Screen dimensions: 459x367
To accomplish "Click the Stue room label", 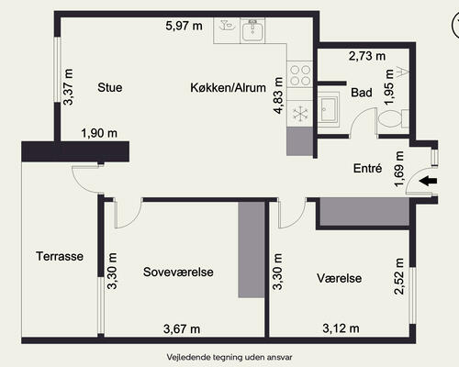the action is [110, 87].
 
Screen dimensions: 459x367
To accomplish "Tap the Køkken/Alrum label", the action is [228, 88].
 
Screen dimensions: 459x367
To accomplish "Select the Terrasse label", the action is [60, 256].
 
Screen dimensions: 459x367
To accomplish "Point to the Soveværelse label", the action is [178, 272].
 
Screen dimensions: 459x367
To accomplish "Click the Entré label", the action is [367, 168].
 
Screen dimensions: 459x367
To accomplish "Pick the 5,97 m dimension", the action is [184, 26].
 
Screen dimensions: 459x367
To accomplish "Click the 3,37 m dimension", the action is [68, 87].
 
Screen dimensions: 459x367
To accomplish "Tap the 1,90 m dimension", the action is [99, 133].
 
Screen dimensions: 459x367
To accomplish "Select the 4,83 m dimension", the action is [278, 95].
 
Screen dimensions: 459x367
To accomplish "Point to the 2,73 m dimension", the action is [367, 56].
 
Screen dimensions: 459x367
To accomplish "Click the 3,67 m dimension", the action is [182, 329].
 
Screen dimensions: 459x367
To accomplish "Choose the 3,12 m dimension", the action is [341, 328].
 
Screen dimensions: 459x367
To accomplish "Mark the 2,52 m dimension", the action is [399, 276].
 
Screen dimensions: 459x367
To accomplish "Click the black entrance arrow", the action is [428, 181].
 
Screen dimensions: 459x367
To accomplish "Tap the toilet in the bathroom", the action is [393, 119].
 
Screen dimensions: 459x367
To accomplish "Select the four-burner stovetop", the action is [300, 75].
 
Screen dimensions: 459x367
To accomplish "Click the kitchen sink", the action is [252, 30].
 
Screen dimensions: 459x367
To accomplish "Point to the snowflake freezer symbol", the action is [300, 114].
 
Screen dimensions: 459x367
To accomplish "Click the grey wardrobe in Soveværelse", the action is [252, 250].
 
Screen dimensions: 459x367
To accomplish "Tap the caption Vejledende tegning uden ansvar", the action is [229, 357].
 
